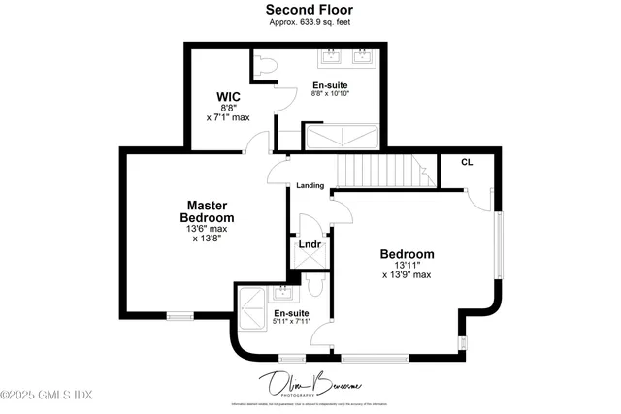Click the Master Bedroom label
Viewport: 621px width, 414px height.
coord(207,211)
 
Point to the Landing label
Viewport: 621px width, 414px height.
coord(310,186)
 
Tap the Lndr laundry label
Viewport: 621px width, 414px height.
coord(310,244)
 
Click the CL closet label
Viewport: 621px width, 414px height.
coord(467,162)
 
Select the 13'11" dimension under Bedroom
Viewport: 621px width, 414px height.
coord(407,265)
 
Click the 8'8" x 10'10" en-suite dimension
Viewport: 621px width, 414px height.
coord(330,94)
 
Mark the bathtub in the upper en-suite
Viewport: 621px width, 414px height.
coord(341,136)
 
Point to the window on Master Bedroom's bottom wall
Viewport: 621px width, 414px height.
coord(180,315)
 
